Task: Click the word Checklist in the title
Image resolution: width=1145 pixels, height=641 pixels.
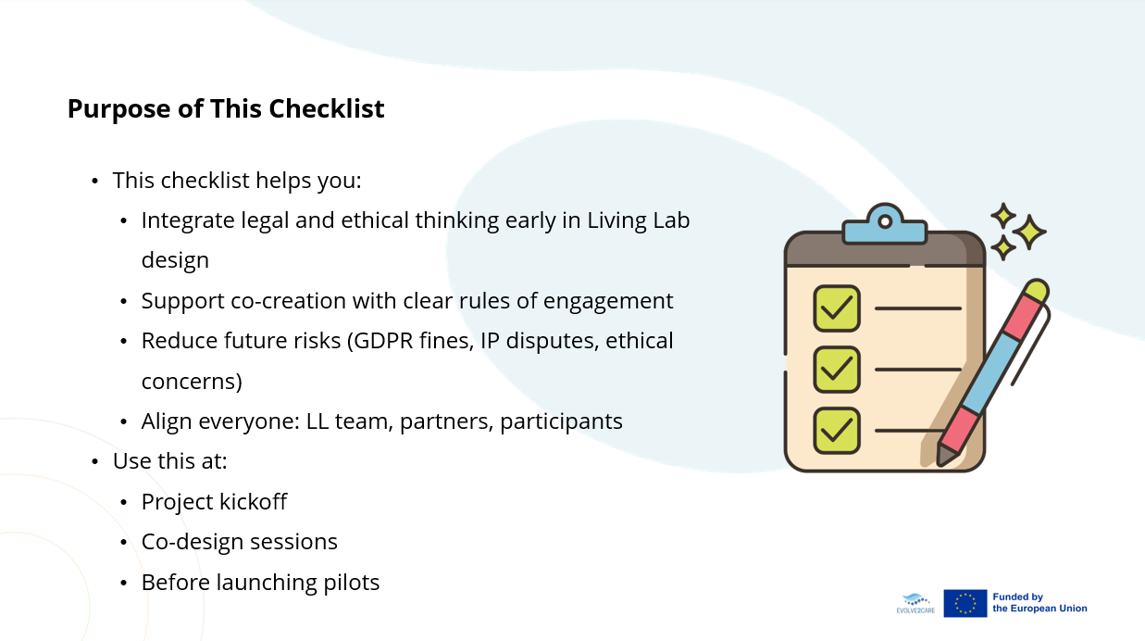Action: (x=327, y=108)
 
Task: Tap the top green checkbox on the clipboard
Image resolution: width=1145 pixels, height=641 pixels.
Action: (x=837, y=308)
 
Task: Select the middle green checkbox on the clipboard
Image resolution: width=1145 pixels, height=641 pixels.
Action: (x=837, y=370)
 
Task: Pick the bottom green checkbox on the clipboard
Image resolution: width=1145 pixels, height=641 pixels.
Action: (x=837, y=431)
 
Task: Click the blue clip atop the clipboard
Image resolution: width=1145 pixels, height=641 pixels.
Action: (x=885, y=225)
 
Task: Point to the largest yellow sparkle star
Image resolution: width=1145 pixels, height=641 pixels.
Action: (x=1029, y=233)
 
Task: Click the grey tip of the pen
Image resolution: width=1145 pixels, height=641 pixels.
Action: (x=946, y=456)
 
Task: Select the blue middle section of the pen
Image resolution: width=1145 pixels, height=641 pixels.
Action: (x=992, y=373)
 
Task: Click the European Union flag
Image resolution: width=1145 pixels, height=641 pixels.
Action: (x=965, y=603)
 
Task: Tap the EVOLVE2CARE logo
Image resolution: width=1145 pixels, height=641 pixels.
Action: (x=915, y=604)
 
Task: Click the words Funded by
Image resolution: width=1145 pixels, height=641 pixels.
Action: (x=1017, y=597)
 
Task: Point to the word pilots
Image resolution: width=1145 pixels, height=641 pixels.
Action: (x=352, y=582)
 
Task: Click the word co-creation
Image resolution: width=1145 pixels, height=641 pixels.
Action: (x=288, y=301)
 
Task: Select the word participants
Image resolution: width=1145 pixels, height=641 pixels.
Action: (x=561, y=421)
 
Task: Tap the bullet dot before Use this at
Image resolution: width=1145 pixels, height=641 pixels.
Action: (x=95, y=461)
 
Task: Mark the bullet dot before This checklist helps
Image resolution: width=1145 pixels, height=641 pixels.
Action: (x=95, y=181)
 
